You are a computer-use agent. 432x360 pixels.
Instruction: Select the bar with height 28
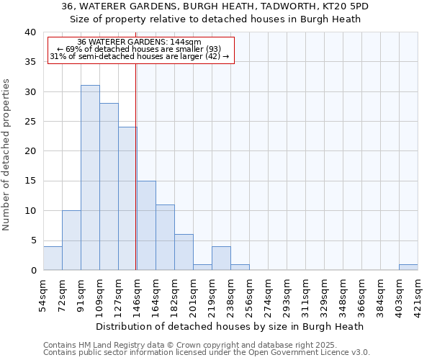coord(109,186)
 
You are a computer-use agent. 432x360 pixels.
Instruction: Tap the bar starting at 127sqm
coord(127,199)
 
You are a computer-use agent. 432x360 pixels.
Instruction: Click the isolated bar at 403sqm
coord(408,267)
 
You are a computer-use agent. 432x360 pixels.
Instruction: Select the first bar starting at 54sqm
coord(53,258)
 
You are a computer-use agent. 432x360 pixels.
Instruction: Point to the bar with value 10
coord(71,240)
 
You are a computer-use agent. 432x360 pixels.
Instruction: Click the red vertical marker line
coord(136,166)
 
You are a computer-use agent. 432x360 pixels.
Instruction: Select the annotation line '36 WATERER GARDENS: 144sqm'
coord(140,42)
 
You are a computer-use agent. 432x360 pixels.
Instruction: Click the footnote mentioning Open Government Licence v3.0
coord(207,353)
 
